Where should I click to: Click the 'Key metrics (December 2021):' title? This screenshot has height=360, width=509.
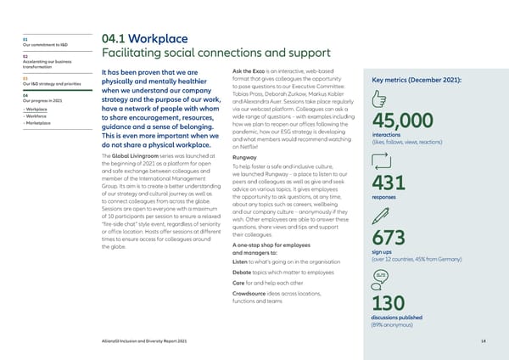(x=410, y=81)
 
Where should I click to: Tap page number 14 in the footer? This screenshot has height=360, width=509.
(x=483, y=341)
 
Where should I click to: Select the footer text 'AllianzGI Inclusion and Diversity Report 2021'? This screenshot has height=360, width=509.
(x=137, y=341)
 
